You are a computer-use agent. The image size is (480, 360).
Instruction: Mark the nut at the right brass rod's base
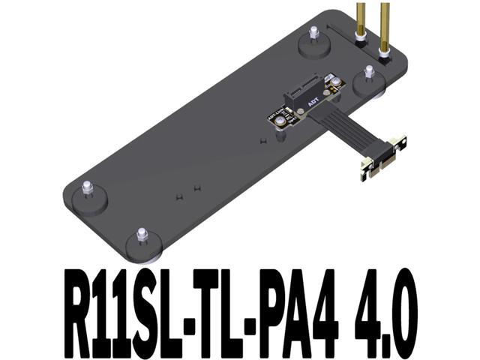tap(385, 55)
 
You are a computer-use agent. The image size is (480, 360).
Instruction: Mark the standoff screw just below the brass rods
tap(369, 73)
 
